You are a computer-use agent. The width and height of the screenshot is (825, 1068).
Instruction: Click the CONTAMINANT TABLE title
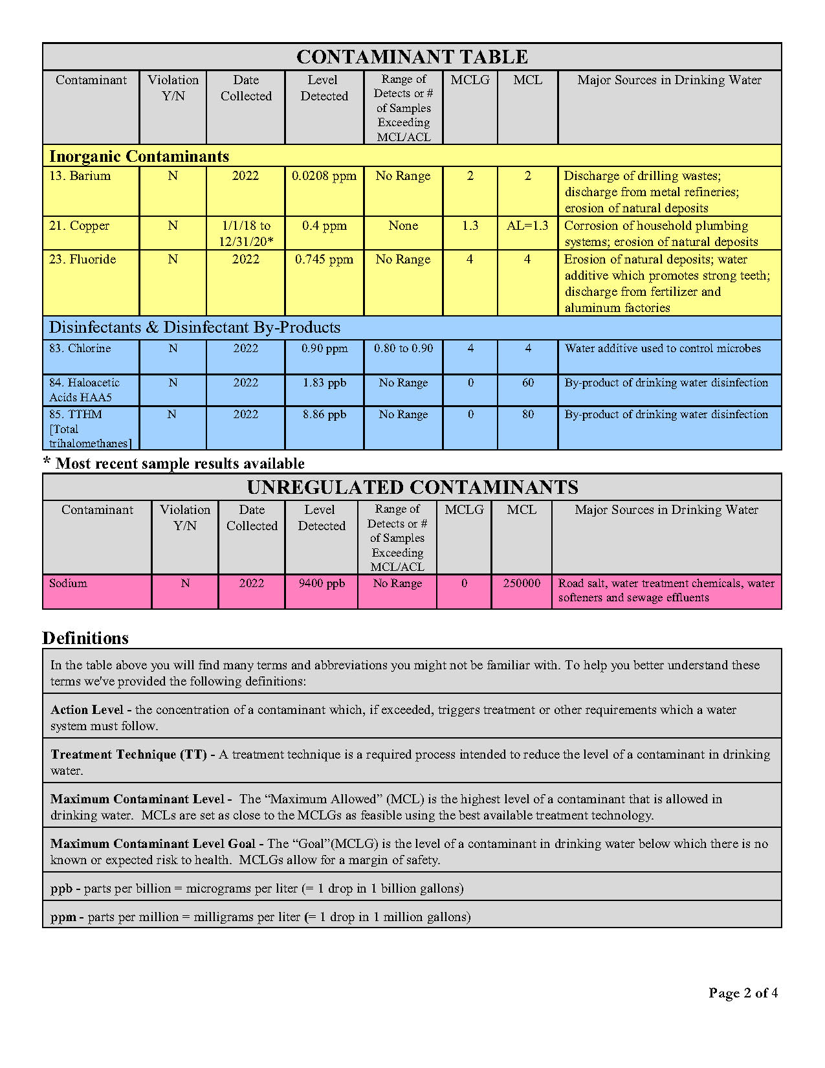pos(412,57)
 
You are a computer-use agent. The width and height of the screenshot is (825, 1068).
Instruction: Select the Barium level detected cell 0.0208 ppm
pos(324,176)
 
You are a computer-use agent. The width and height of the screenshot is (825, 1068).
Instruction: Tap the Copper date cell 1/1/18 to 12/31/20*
pos(246,234)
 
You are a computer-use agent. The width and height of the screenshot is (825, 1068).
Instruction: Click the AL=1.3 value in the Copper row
pos(527,226)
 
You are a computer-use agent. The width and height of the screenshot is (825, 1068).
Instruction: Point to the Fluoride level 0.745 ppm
pos(324,260)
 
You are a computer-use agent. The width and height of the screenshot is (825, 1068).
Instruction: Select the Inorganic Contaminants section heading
pos(139,157)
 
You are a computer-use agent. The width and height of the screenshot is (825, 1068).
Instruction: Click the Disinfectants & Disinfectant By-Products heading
pos(195,328)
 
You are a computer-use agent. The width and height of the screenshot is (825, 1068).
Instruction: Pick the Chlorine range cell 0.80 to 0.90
pos(403,348)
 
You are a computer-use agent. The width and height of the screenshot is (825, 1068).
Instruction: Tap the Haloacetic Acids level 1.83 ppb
pos(324,383)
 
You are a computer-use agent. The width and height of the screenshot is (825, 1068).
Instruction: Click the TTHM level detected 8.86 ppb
pos(324,415)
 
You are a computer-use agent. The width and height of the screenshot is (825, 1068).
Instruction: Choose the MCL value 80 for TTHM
pos(528,415)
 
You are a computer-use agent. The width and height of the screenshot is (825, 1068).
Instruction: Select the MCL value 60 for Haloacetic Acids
pos(528,383)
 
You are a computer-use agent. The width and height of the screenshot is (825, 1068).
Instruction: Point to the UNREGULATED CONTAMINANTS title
pos(412,487)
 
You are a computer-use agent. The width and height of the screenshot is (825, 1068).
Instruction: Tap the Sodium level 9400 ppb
pos(322,583)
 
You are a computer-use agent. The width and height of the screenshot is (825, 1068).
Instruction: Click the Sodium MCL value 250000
pos(522,583)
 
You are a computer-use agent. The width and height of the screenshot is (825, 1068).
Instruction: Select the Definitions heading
pos(85,638)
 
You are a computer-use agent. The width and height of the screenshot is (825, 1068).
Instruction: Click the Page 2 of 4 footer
pos(743,993)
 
